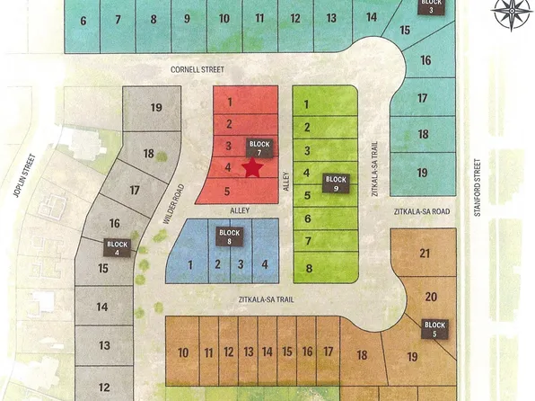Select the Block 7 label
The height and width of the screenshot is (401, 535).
click(x=259, y=149)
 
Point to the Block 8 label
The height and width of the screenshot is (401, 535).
click(x=230, y=237)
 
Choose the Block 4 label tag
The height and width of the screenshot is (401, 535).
click(x=118, y=248)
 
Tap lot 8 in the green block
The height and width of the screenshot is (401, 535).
click(x=308, y=268)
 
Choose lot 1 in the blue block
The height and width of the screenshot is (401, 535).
click(x=190, y=264)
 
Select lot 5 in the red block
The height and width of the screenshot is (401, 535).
click(x=228, y=191)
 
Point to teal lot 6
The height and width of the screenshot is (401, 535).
click(x=83, y=21)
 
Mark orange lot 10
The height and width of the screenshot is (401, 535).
click(x=183, y=352)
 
